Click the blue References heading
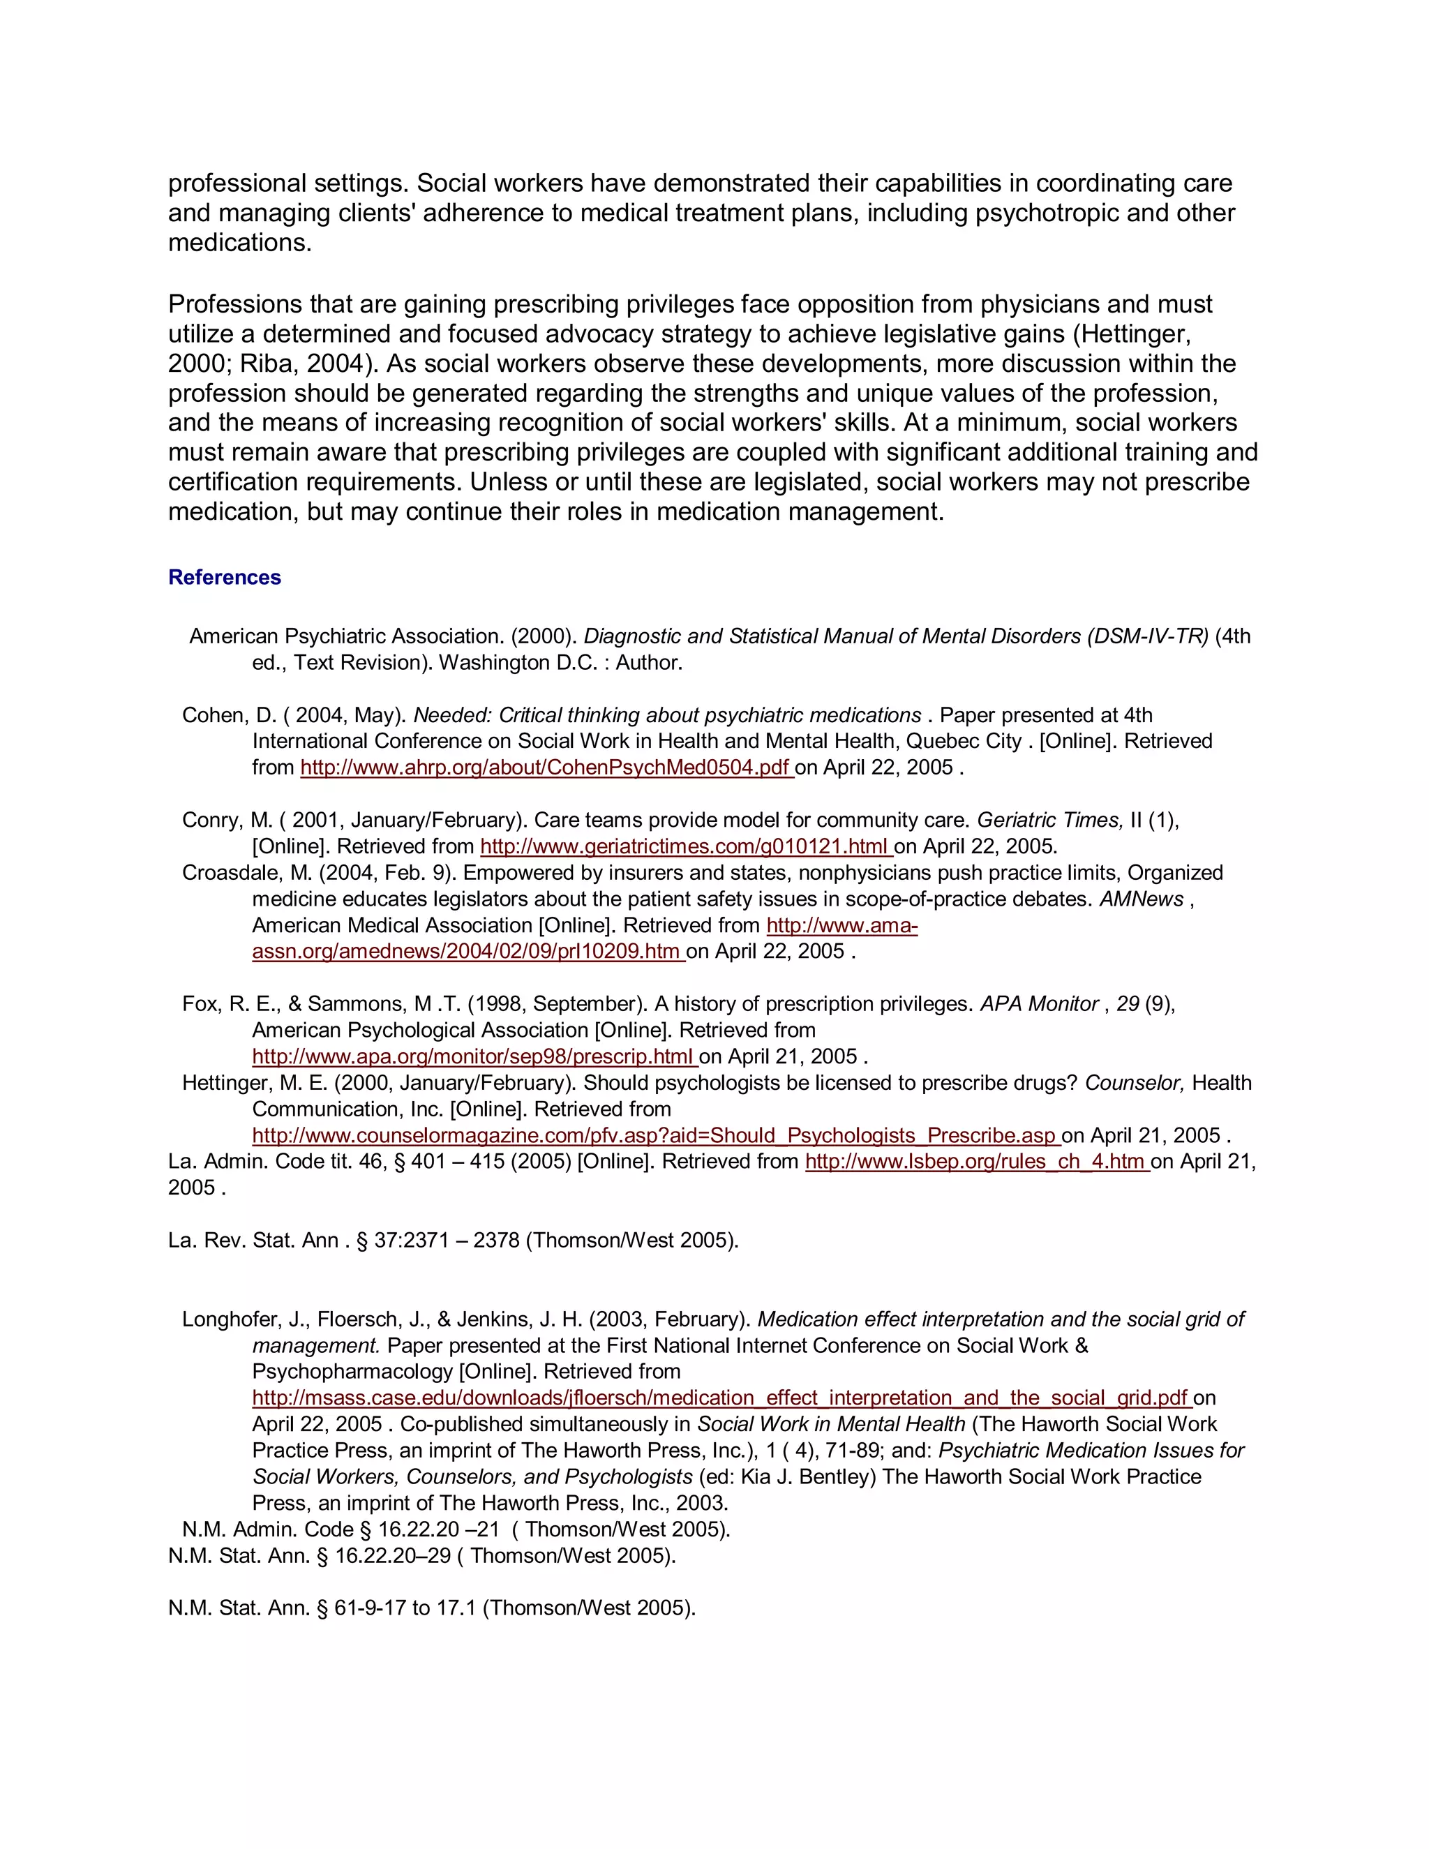pyautogui.click(x=225, y=578)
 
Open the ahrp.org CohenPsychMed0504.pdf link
pyautogui.click(x=546, y=768)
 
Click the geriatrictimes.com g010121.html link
pyautogui.click(x=686, y=846)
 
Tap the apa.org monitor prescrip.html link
pyautogui.click(x=474, y=1056)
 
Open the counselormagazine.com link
pyautogui.click(x=656, y=1136)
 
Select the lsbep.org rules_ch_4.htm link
pyautogui.click(x=976, y=1162)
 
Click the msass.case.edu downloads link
pyautogui.click(x=721, y=1398)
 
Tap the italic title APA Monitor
pyautogui.click(x=1040, y=1004)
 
